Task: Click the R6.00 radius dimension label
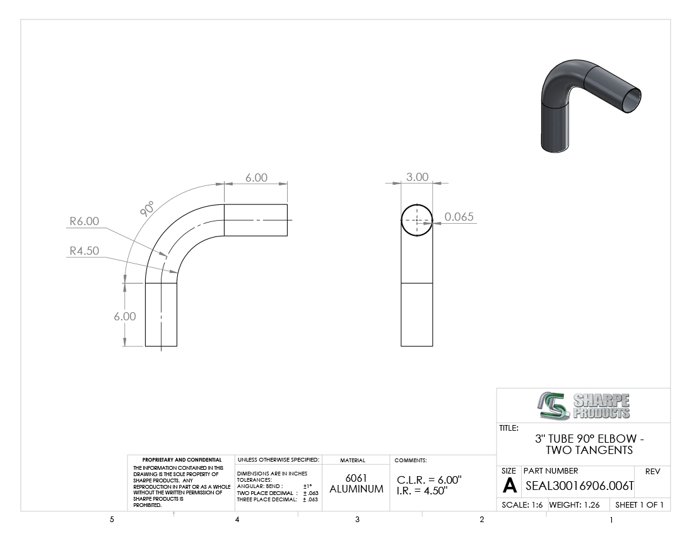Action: [84, 221]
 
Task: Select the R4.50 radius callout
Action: [84, 251]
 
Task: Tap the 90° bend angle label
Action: [148, 208]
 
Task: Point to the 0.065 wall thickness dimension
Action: [459, 217]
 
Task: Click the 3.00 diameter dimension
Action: [418, 177]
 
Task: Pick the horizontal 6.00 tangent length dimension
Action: [256, 177]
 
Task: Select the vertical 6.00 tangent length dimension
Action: [125, 316]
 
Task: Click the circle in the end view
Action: [417, 204]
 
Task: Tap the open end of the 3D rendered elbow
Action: [629, 100]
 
